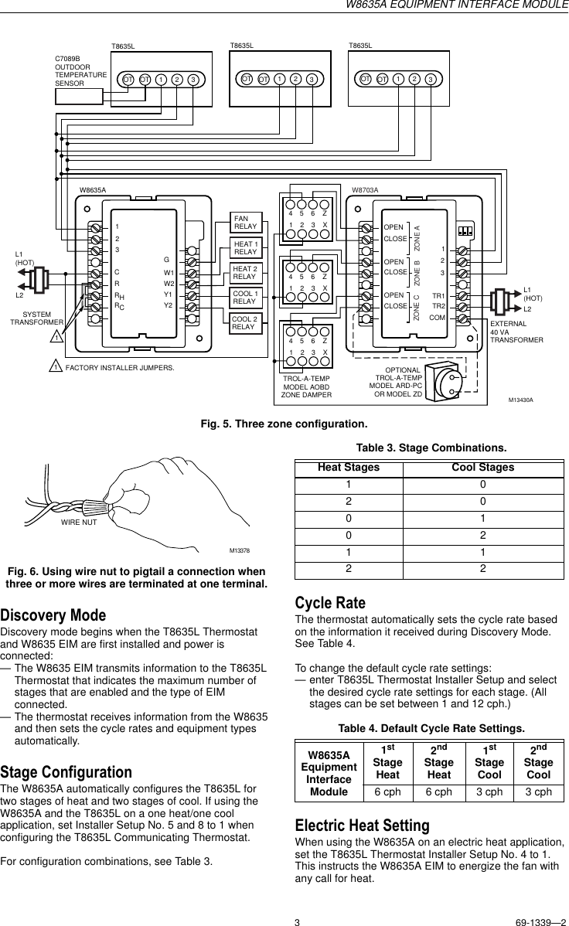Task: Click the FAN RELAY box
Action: point(245,223)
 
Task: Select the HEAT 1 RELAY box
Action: point(245,248)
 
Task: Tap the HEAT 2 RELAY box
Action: point(245,272)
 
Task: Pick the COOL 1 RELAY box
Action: point(245,298)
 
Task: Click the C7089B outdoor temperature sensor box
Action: point(79,96)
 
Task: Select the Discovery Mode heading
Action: point(53,615)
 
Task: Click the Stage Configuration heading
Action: point(66,772)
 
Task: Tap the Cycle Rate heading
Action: point(331,603)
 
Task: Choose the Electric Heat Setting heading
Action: point(363,826)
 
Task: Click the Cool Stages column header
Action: point(482,468)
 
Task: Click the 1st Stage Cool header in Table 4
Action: point(489,762)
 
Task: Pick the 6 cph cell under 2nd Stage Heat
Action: point(439,792)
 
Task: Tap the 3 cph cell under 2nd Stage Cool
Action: point(538,792)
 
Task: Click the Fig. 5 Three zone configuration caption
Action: point(284,424)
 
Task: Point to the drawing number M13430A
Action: point(521,400)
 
